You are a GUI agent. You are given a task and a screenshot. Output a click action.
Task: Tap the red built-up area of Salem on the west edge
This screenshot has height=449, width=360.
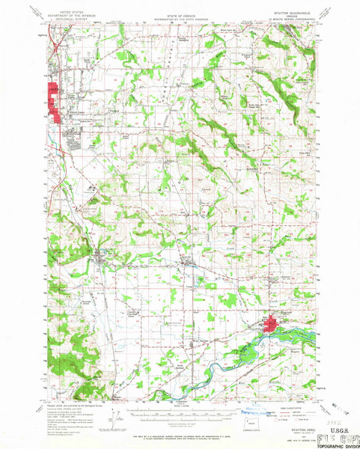[x=53, y=101]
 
